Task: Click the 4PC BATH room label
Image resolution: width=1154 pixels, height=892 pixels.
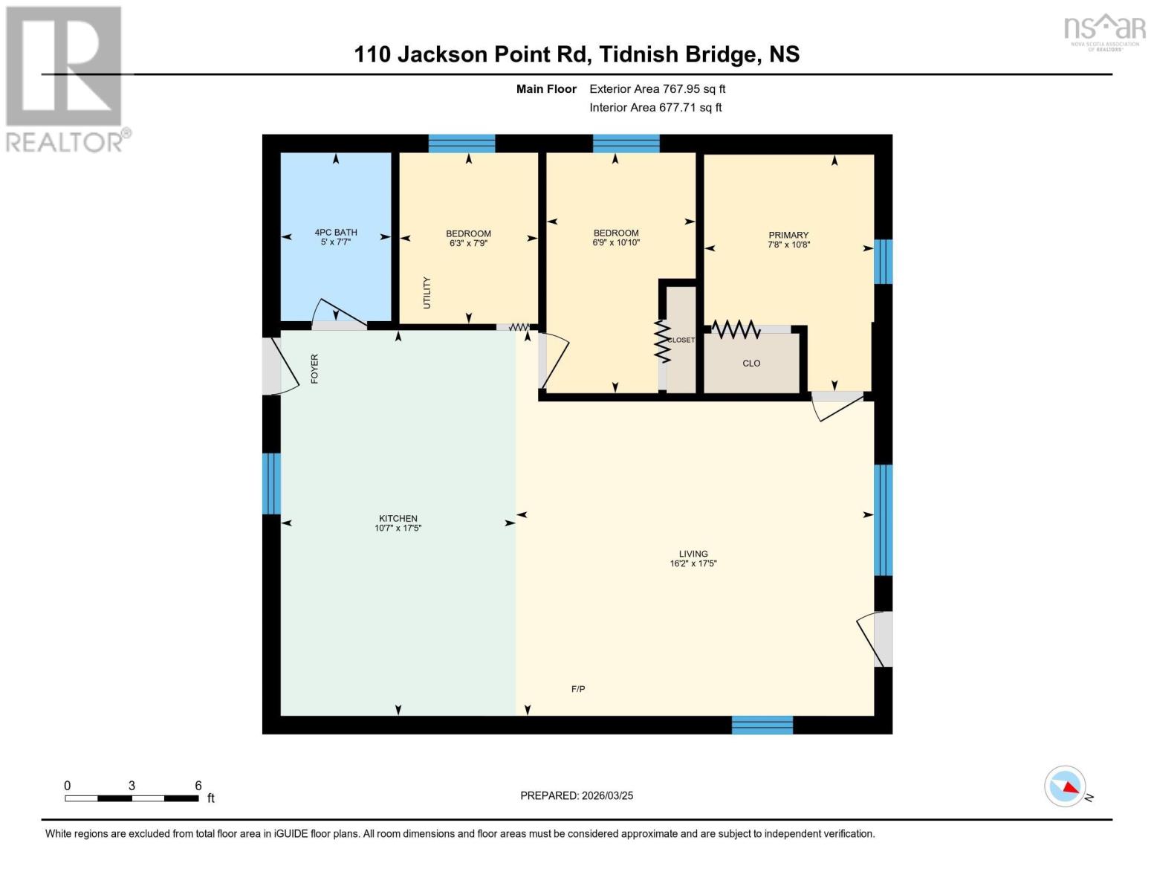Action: [336, 233]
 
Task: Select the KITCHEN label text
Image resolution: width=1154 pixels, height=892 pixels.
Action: [398, 518]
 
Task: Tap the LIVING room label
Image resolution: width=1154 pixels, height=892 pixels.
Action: [693, 554]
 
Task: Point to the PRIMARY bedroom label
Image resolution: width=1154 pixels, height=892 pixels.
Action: [788, 235]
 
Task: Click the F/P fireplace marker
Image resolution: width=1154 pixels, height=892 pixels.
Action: [578, 689]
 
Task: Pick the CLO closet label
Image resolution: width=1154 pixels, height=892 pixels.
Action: [751, 363]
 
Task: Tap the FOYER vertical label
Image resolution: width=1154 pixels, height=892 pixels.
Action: [314, 369]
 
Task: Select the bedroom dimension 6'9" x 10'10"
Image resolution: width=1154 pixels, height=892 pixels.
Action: [616, 242]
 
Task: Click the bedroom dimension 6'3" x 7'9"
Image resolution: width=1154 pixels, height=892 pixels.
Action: [468, 243]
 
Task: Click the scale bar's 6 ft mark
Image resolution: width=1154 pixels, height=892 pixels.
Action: [198, 786]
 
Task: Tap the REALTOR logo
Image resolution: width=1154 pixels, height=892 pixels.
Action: [65, 78]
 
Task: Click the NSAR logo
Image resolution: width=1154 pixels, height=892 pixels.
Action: [1104, 30]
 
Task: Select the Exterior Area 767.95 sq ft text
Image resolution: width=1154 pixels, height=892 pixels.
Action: [657, 88]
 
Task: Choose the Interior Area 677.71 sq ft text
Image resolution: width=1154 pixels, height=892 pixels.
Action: [655, 107]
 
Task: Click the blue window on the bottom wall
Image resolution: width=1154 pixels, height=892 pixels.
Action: [762, 725]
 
